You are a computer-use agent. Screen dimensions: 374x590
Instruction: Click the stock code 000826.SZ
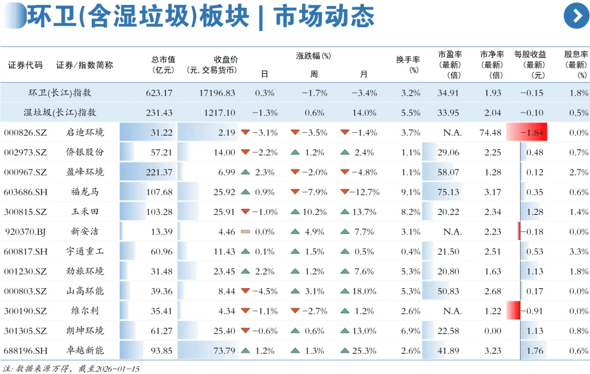point(26,133)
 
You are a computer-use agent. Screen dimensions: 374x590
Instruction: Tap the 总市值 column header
point(163,65)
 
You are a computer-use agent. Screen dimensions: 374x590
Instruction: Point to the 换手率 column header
point(408,65)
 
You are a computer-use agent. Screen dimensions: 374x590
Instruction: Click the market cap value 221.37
point(160,172)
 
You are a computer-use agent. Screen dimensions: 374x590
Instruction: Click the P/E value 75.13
point(448,192)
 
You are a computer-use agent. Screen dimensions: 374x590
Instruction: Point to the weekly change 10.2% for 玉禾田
point(314,212)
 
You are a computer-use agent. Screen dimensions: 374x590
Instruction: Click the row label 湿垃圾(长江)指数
point(60,113)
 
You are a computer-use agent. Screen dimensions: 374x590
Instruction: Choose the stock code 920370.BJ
point(26,231)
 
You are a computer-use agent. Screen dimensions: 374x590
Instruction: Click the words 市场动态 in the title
point(324,16)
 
